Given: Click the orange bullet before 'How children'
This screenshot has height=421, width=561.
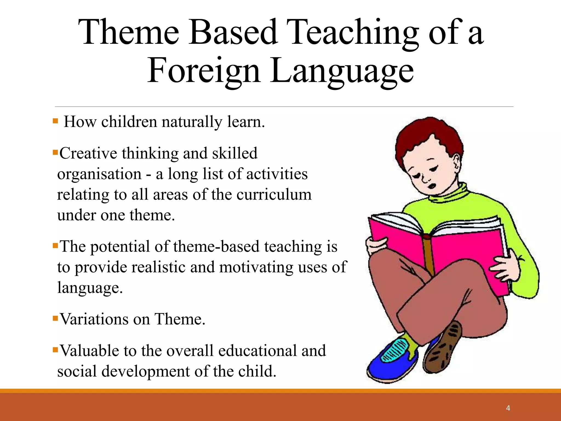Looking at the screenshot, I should pos(55,121).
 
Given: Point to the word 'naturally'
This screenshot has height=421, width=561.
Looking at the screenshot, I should pos(192,122).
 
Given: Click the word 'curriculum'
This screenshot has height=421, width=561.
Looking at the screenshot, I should pos(274,195).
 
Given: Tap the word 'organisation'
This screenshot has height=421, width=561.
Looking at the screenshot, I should pos(99,174).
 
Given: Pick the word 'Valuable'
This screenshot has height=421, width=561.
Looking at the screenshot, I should pos(89,351).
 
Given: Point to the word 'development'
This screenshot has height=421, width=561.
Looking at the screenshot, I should pos(145,371).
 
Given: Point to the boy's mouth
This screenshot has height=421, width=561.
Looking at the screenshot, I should pos(431,186).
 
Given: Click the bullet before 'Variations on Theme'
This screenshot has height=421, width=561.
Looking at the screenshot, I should pos(55,318).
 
